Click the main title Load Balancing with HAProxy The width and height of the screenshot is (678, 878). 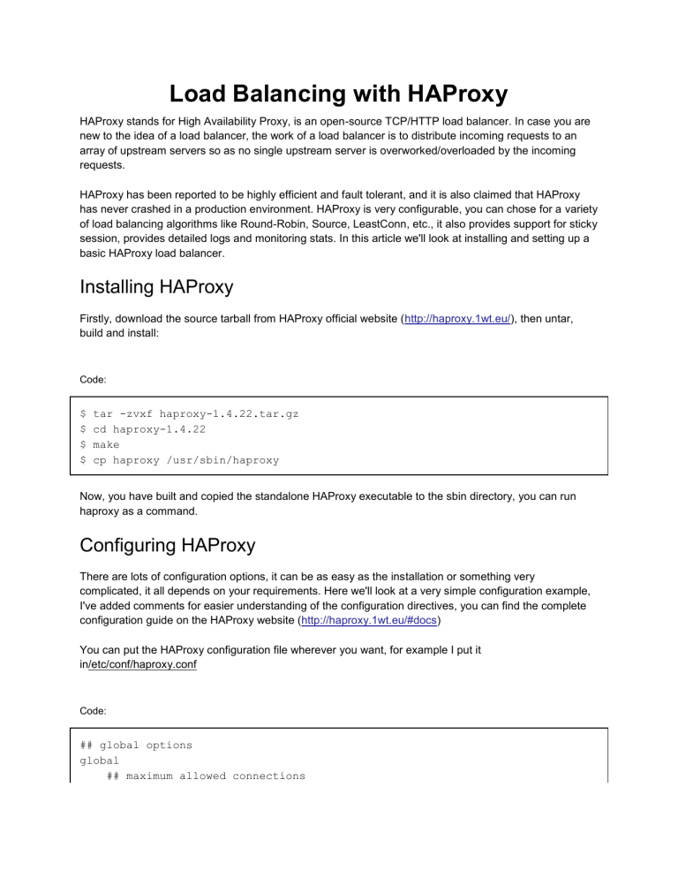pos(339,92)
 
